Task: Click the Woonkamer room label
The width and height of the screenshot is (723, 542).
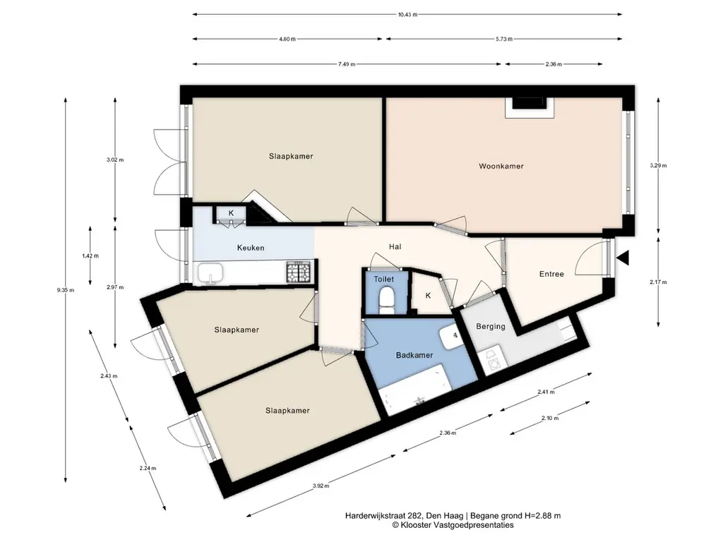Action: (x=501, y=167)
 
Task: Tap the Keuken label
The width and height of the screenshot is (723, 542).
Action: (x=251, y=248)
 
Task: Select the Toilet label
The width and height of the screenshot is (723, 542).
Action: (x=383, y=279)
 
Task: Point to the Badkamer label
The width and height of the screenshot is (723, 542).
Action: (x=414, y=356)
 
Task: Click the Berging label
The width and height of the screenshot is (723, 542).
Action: (x=491, y=327)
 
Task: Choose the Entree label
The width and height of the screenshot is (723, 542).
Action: (x=551, y=275)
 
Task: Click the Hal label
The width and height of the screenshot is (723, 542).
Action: (x=395, y=247)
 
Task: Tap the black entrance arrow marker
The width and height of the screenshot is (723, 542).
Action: (x=623, y=258)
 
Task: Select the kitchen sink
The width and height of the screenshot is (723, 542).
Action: (x=210, y=273)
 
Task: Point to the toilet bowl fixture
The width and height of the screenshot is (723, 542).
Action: (x=386, y=300)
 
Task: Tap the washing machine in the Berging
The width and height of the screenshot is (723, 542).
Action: (x=493, y=361)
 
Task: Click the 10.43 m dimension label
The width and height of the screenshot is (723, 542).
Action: (x=407, y=14)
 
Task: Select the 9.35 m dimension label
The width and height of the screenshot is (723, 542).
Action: (x=66, y=290)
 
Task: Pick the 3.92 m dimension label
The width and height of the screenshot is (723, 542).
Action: (x=321, y=486)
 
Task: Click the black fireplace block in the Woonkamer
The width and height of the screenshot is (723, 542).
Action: (x=530, y=103)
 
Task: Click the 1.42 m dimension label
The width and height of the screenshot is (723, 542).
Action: (x=90, y=255)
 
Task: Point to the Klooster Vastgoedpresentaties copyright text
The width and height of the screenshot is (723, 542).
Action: (x=453, y=525)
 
